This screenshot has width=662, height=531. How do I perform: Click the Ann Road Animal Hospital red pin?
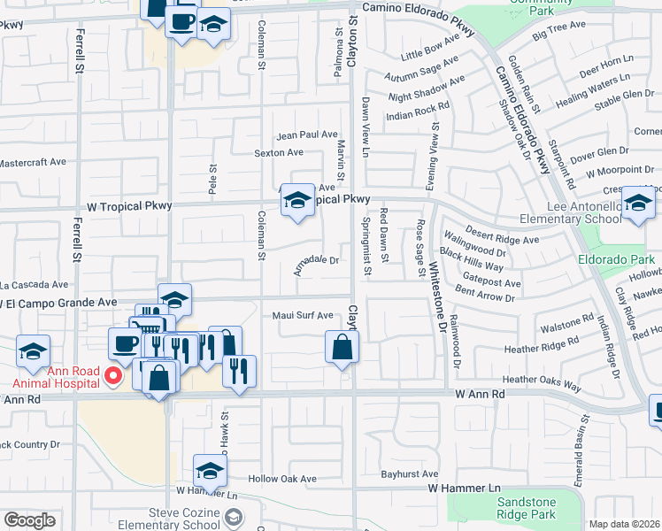click(112, 376)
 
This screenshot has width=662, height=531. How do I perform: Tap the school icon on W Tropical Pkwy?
click(297, 200)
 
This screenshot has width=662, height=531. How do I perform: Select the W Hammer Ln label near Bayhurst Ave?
click(464, 489)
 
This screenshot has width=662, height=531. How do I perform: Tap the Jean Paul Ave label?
click(307, 135)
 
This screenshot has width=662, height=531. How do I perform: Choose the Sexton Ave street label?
click(280, 153)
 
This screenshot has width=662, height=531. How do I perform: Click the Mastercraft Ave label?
click(33, 163)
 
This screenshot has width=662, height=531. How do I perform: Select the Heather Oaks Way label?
click(542, 381)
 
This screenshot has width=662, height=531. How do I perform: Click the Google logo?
click(29, 520)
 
